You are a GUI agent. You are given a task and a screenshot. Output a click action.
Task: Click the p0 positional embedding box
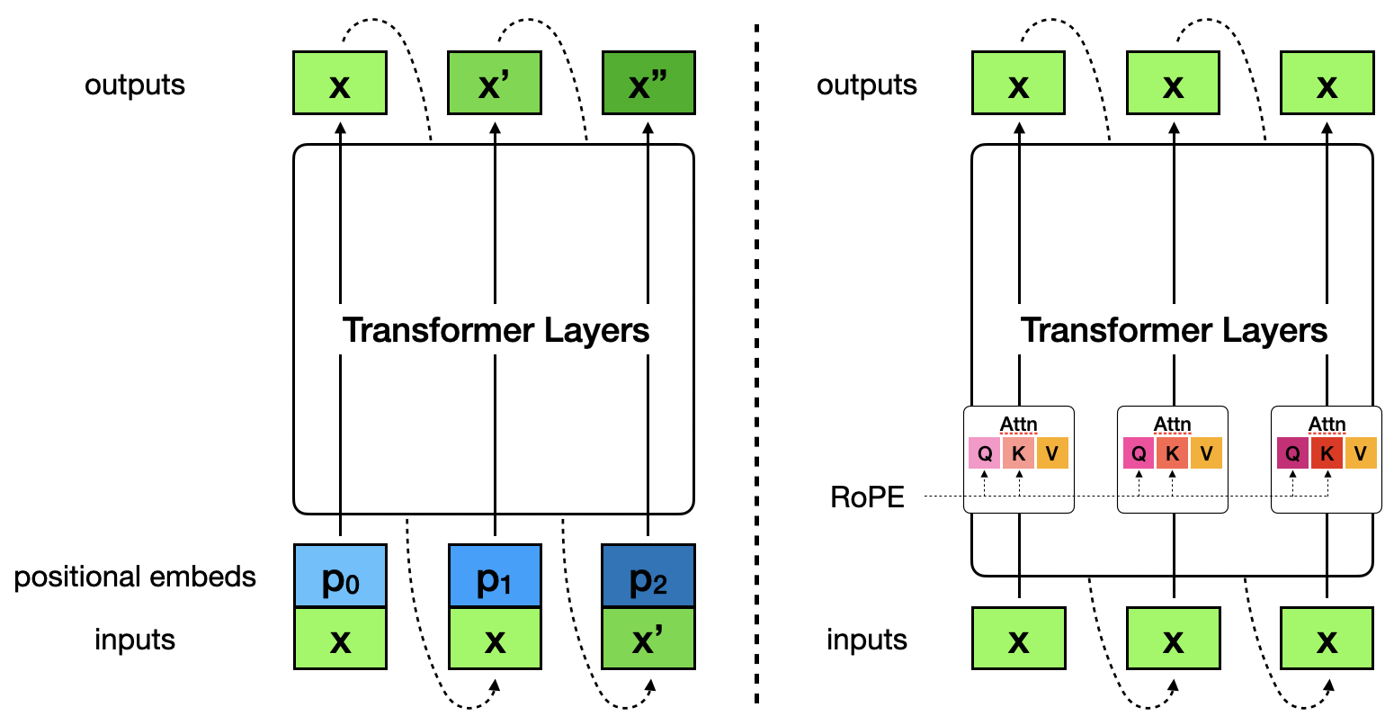[x=340, y=576]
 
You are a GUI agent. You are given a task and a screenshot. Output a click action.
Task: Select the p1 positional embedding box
[x=495, y=576]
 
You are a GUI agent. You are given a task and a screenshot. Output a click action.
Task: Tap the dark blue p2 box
[x=648, y=576]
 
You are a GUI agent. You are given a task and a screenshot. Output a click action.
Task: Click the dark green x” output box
[x=648, y=83]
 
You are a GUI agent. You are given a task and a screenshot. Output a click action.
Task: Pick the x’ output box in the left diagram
[x=495, y=83]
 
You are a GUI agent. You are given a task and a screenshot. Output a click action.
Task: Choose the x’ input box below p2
[x=648, y=639]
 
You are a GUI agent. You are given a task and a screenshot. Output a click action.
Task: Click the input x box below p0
[x=340, y=639]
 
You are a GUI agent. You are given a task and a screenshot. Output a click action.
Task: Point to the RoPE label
[x=867, y=497]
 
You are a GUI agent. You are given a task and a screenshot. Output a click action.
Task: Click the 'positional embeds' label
[x=135, y=577]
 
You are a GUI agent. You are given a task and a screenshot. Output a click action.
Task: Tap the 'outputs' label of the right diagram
[x=867, y=85]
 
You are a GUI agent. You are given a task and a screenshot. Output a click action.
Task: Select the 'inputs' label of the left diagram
[x=135, y=640]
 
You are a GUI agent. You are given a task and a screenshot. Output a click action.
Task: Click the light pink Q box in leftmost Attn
[x=985, y=453]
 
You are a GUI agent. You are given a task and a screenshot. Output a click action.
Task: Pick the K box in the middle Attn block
[x=1172, y=453]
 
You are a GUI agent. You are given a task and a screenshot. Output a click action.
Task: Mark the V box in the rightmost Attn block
[x=1360, y=453]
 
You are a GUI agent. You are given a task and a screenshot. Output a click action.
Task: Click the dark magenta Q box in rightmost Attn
[x=1292, y=453]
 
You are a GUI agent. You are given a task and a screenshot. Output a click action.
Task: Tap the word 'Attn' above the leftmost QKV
[x=1018, y=424]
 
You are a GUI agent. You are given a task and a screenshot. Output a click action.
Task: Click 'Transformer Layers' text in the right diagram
[x=1174, y=330]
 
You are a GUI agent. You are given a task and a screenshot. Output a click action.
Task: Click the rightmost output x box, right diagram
[x=1327, y=83]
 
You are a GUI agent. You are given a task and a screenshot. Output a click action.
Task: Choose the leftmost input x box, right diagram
[x=1018, y=639]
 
